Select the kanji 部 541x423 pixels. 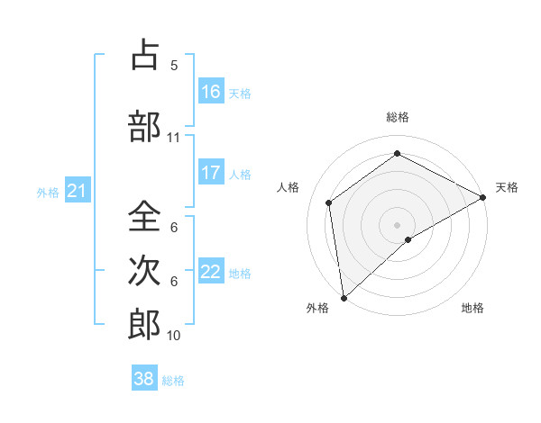pyautogui.click(x=144, y=126)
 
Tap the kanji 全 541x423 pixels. pyautogui.click(x=144, y=216)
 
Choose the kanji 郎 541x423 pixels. pyautogui.click(x=144, y=324)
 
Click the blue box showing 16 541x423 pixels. pyautogui.click(x=211, y=92)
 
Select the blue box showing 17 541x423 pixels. pyautogui.click(x=211, y=173)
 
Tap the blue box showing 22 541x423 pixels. pyautogui.click(x=211, y=272)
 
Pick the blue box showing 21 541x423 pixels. pyautogui.click(x=77, y=191)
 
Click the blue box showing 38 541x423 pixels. pyautogui.click(x=144, y=379)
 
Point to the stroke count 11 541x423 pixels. pyautogui.click(x=173, y=138)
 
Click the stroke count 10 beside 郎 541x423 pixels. pyautogui.click(x=174, y=336)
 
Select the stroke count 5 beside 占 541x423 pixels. pyautogui.click(x=174, y=65)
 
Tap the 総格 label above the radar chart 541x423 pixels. pyautogui.click(x=397, y=117)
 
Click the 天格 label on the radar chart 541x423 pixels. pyautogui.click(x=507, y=187)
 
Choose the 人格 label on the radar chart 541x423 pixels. pyautogui.click(x=288, y=187)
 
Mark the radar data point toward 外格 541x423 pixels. pyautogui.click(x=343, y=297)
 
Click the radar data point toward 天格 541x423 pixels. pyautogui.click(x=483, y=197)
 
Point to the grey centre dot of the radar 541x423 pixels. pyautogui.click(x=397, y=224)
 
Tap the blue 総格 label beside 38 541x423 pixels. pyautogui.click(x=173, y=381)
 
